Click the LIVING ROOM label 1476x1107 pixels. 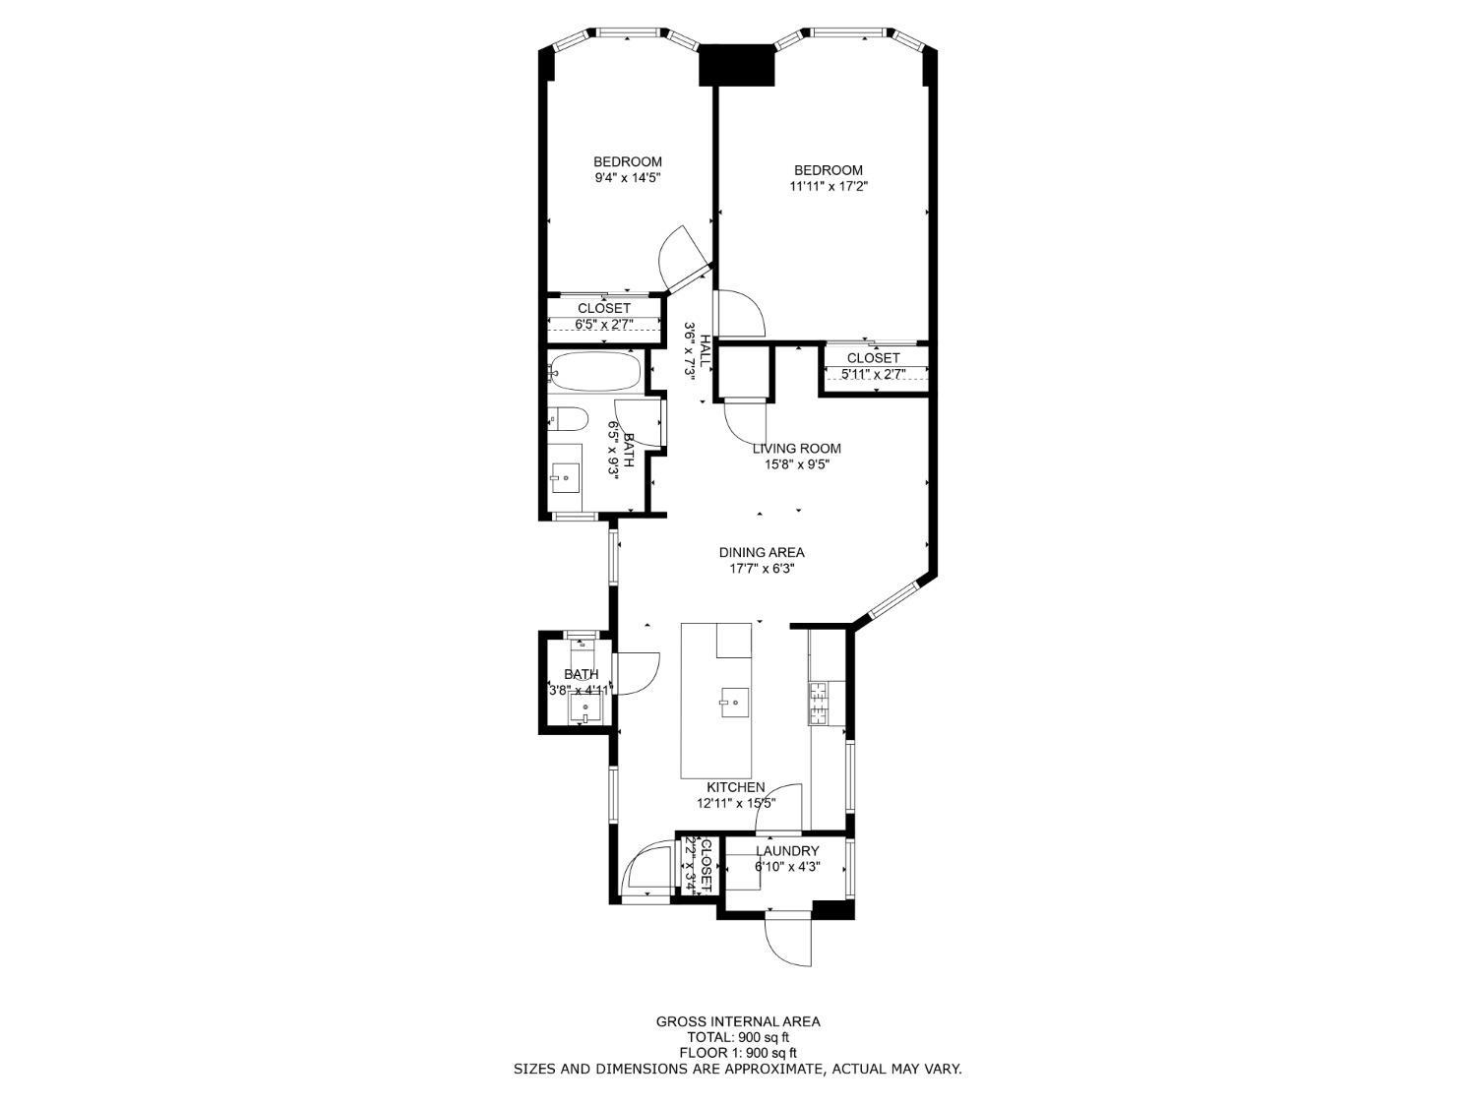pyautogui.click(x=796, y=449)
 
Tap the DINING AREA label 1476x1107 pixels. pyautogui.click(x=761, y=552)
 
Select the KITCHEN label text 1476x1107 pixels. pyautogui.click(x=735, y=787)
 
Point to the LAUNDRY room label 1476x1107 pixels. pyautogui.click(x=787, y=851)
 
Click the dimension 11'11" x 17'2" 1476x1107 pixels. pyautogui.click(x=828, y=186)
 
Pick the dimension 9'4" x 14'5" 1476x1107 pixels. pyautogui.click(x=627, y=178)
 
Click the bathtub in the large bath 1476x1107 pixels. pyautogui.click(x=595, y=373)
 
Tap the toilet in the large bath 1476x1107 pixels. pyautogui.click(x=568, y=419)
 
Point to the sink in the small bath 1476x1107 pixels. pyautogui.click(x=586, y=710)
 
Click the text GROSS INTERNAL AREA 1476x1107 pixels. pyautogui.click(x=738, y=1021)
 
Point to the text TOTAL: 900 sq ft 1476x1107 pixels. pyautogui.click(x=738, y=1037)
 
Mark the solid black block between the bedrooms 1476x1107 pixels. pyautogui.click(x=737, y=65)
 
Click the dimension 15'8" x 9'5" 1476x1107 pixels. pyautogui.click(x=796, y=464)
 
